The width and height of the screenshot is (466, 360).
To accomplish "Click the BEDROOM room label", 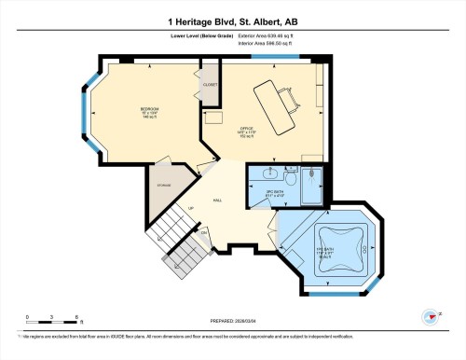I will point(149,113).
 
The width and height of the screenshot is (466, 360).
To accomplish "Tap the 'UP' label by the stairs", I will point(191,208).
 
